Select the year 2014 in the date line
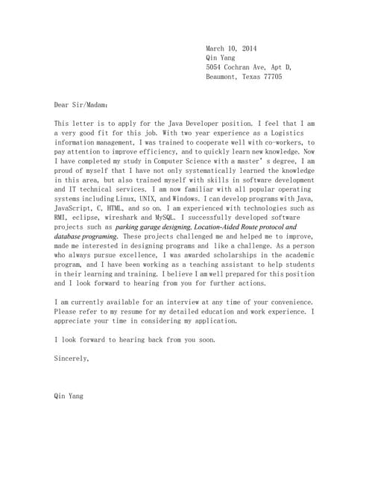point(248,48)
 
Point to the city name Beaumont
point(221,77)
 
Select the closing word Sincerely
point(72,358)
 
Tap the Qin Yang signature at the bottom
point(69,396)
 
